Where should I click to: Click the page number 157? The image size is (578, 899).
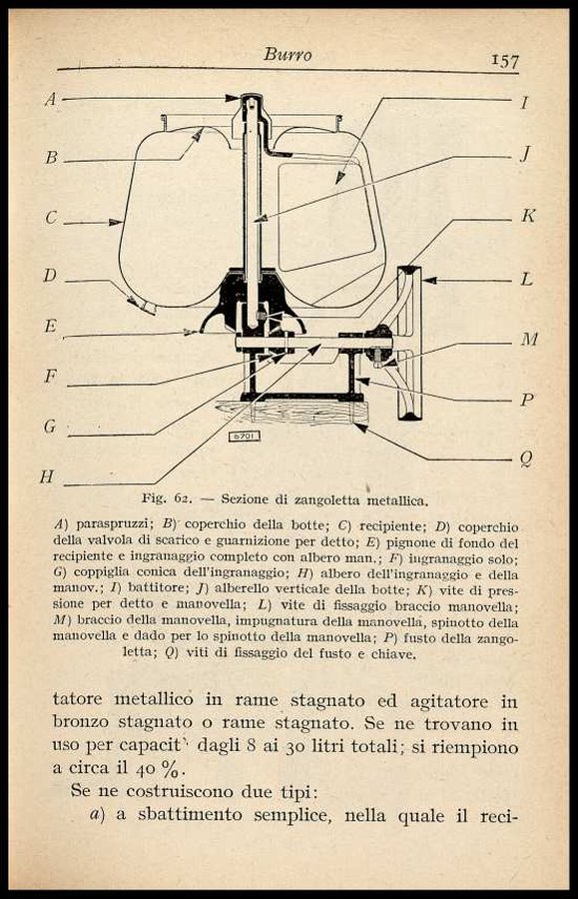505,60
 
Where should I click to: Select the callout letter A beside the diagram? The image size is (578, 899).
51,99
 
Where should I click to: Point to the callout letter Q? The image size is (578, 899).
526,458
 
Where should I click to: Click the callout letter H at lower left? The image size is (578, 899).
47,476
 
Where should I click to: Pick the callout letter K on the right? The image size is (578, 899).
528,216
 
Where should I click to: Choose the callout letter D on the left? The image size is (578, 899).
50,276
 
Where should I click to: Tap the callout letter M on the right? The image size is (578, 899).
529,340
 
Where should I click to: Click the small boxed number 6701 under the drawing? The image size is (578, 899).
245,437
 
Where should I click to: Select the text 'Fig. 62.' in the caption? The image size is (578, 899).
166,498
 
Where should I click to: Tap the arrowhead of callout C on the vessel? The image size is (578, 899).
117,222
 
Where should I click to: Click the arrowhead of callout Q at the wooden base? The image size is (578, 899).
360,427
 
